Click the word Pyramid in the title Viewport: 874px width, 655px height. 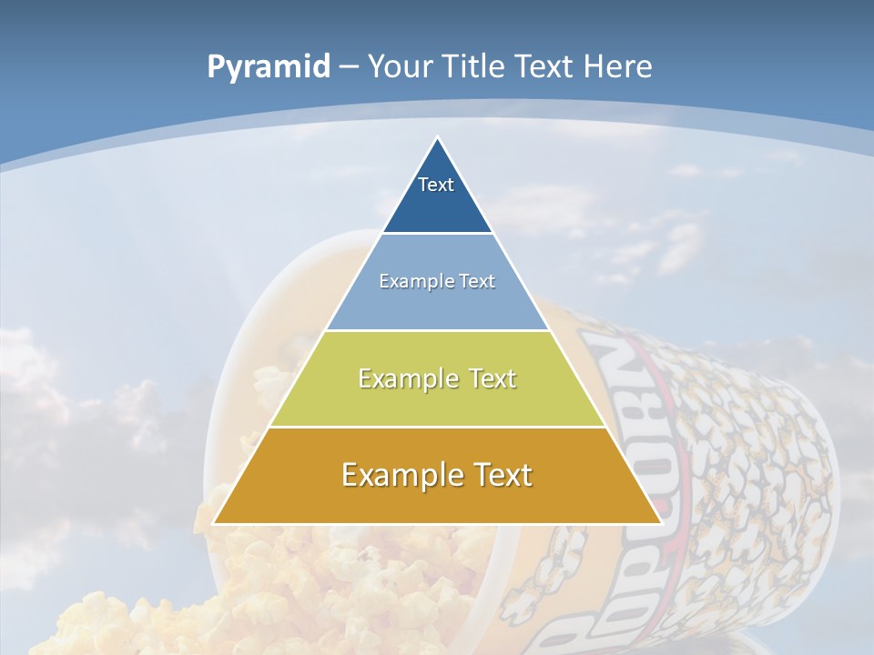(x=268, y=67)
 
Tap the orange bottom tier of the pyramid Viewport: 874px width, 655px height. (x=437, y=500)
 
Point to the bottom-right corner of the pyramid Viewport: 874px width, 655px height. (x=660, y=523)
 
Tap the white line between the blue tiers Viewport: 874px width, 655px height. (x=437, y=234)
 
